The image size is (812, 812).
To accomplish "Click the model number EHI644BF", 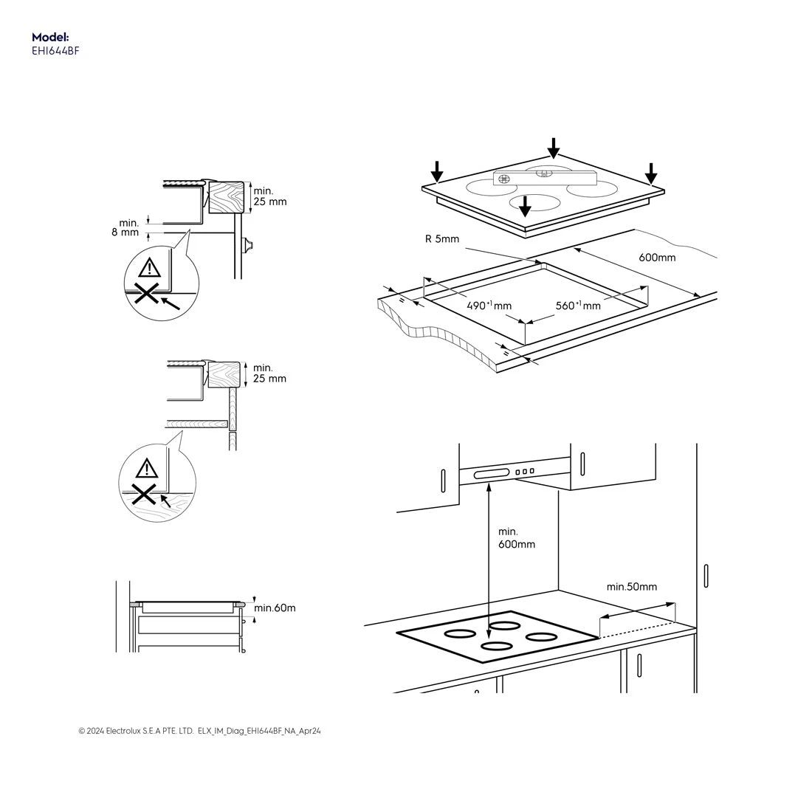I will pyautogui.click(x=55, y=51).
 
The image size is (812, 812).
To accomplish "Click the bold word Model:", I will pyautogui.click(x=50, y=37).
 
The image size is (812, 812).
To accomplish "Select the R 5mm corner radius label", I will pyautogui.click(x=441, y=238).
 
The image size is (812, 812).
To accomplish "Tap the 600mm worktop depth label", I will pyautogui.click(x=656, y=258).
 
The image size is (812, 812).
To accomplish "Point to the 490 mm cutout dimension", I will pyautogui.click(x=489, y=306).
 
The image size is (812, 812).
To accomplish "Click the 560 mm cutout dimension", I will pyautogui.click(x=577, y=306).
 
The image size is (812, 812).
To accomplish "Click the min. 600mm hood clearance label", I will pyautogui.click(x=516, y=538).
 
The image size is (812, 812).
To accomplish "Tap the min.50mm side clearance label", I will pyautogui.click(x=631, y=587).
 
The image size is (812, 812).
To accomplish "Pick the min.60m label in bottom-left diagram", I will pyautogui.click(x=275, y=608).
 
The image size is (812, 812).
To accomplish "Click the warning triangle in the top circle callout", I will pyautogui.click(x=151, y=267).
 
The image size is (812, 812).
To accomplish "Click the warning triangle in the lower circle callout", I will pyautogui.click(x=147, y=467).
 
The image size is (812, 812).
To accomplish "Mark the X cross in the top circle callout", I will pyautogui.click(x=147, y=295).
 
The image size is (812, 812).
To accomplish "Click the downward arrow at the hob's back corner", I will pyautogui.click(x=553, y=148).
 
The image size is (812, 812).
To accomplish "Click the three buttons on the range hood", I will pyautogui.click(x=524, y=471).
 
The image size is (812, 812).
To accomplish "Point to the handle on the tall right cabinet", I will pyautogui.click(x=706, y=576).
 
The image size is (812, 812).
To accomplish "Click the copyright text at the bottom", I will pyautogui.click(x=199, y=731).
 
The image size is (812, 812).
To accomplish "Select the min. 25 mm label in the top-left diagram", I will pyautogui.click(x=269, y=196).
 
